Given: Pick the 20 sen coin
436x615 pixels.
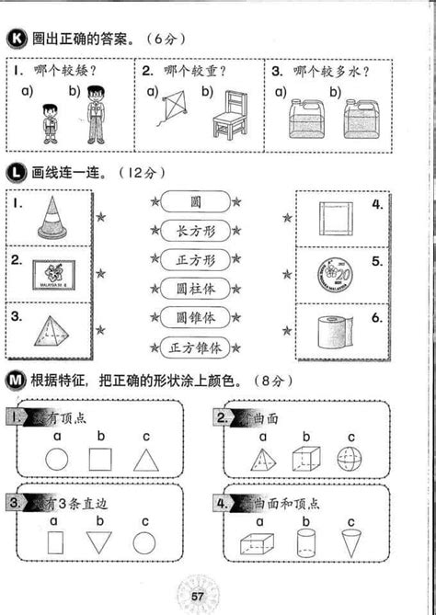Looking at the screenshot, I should tap(335, 275).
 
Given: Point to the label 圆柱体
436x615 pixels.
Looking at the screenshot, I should tap(195, 288).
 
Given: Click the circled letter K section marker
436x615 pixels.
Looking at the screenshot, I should tap(15, 39).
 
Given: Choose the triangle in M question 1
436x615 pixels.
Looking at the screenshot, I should tap(146, 460).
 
